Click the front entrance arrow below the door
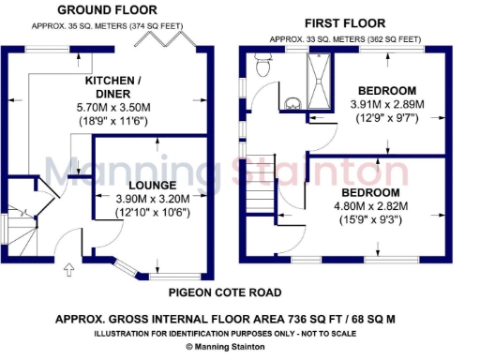[67, 272]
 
